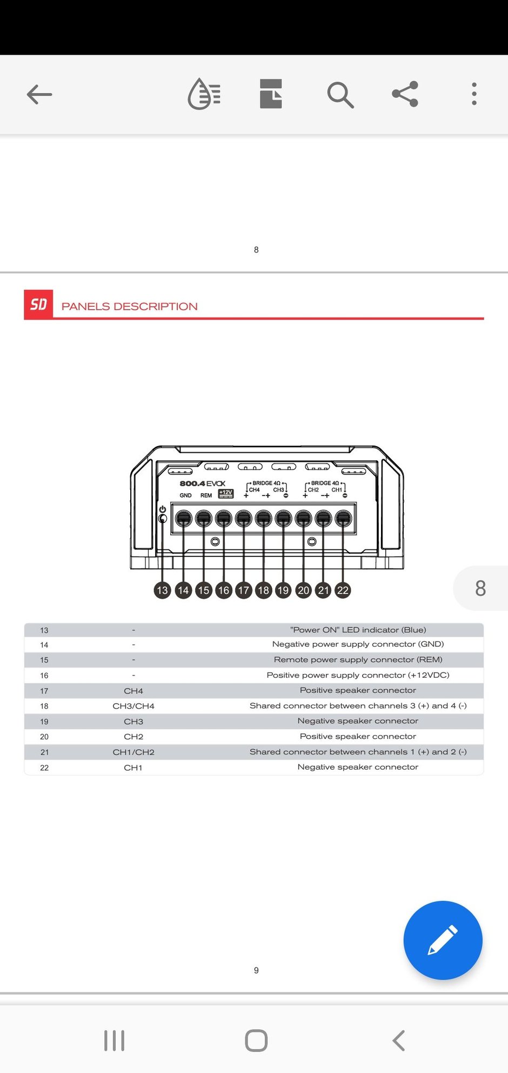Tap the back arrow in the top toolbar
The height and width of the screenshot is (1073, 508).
point(39,95)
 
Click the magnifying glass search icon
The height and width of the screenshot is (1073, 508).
point(340,95)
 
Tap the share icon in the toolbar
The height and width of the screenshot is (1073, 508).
point(405,94)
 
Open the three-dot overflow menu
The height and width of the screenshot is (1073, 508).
point(474,94)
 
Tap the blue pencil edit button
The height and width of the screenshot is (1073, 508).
point(443,940)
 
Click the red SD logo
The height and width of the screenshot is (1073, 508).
point(38,304)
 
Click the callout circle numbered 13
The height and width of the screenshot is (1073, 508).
point(162,590)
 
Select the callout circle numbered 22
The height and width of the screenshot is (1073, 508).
point(343,590)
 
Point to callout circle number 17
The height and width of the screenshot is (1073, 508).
point(244,590)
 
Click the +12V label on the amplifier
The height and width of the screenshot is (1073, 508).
point(225,493)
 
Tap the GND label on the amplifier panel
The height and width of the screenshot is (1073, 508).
point(185,495)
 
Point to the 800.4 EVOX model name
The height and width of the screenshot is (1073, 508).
point(202,483)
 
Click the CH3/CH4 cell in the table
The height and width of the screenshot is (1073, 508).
point(133,706)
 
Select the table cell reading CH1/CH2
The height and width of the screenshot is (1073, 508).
point(133,752)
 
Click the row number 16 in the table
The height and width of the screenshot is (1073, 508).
point(44,675)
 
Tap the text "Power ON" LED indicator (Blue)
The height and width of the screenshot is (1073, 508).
point(358,630)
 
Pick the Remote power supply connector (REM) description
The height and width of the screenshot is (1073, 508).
point(358,660)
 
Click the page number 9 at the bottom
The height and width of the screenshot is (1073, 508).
point(256,970)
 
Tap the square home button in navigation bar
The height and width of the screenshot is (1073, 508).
point(256,1041)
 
